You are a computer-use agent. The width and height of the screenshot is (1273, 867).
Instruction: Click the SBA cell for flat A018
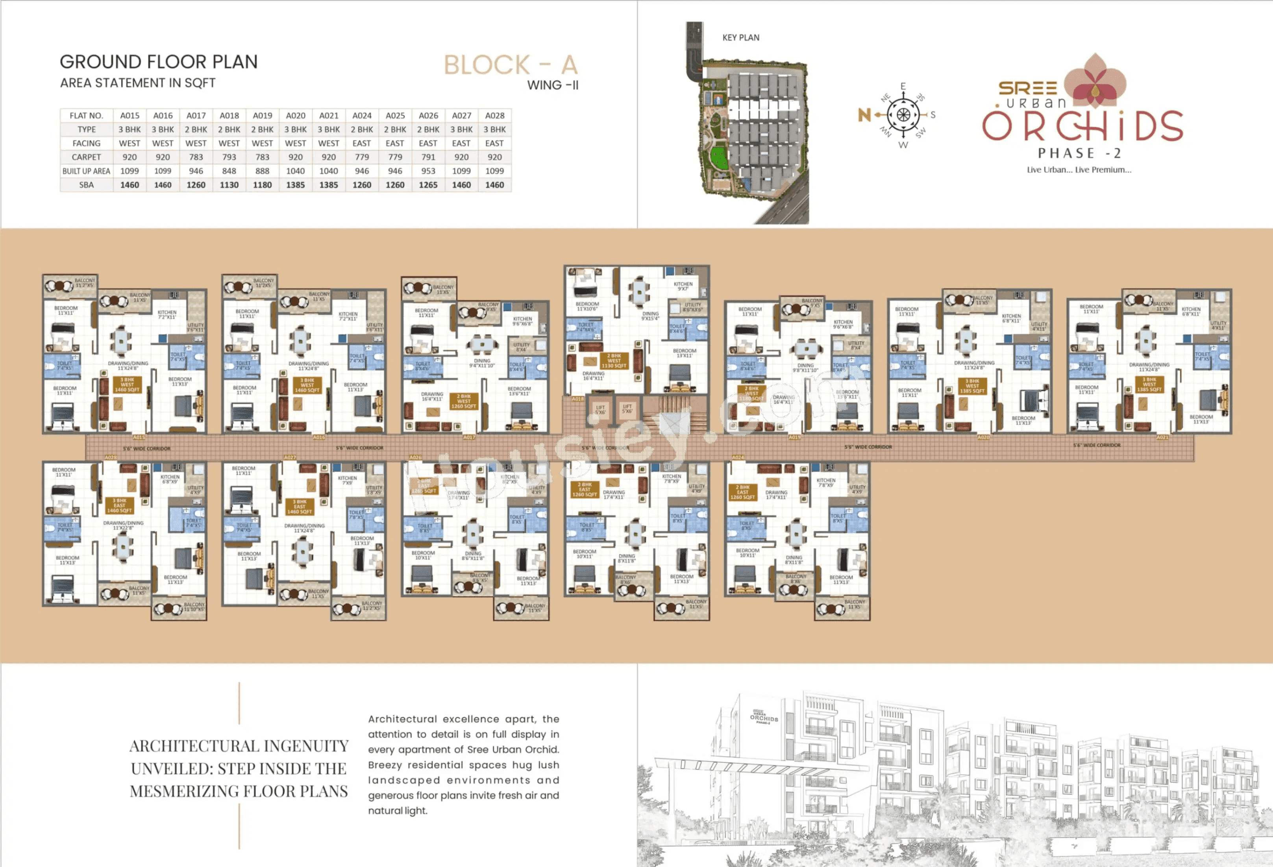(229, 185)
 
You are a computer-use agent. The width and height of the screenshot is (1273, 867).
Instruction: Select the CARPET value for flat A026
(428, 157)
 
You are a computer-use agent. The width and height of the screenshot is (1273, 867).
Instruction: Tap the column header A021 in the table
(329, 116)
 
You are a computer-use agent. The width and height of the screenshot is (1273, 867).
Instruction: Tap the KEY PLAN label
(740, 38)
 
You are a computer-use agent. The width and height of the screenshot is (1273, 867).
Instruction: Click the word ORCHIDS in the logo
(1082, 126)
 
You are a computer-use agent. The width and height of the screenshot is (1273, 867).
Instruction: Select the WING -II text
(553, 85)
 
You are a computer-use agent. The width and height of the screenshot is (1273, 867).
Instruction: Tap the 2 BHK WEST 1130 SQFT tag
(614, 361)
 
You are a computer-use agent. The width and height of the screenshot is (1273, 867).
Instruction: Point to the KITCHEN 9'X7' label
(683, 286)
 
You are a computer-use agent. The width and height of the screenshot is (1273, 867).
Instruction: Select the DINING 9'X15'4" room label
(650, 316)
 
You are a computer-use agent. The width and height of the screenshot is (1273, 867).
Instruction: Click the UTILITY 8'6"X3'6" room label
(692, 307)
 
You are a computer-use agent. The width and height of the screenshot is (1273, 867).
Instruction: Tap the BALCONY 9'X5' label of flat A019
(811, 303)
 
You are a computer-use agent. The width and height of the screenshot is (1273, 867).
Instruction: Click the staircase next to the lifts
(674, 414)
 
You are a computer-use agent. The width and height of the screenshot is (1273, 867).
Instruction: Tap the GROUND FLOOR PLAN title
(158, 62)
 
